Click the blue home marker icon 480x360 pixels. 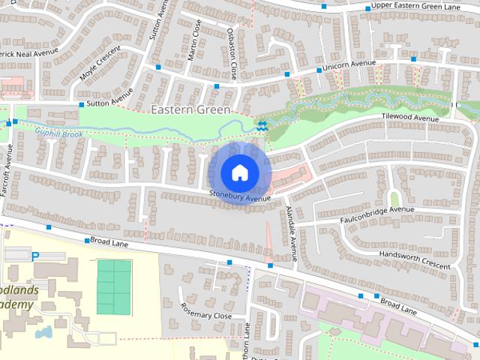point(238,172)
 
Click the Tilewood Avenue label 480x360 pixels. point(409,118)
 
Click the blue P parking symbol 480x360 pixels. point(35,256)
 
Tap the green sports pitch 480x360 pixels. point(114,287)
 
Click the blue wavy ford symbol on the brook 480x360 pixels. point(262,126)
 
